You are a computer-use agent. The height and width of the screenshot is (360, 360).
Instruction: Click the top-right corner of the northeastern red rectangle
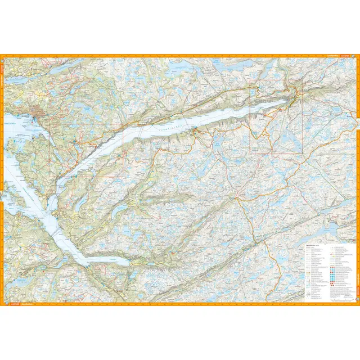coord(302,79)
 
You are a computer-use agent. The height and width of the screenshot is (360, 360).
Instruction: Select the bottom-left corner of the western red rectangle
coord(50,177)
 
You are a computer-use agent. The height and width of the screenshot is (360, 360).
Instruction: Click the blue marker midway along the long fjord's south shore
coord(194,132)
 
